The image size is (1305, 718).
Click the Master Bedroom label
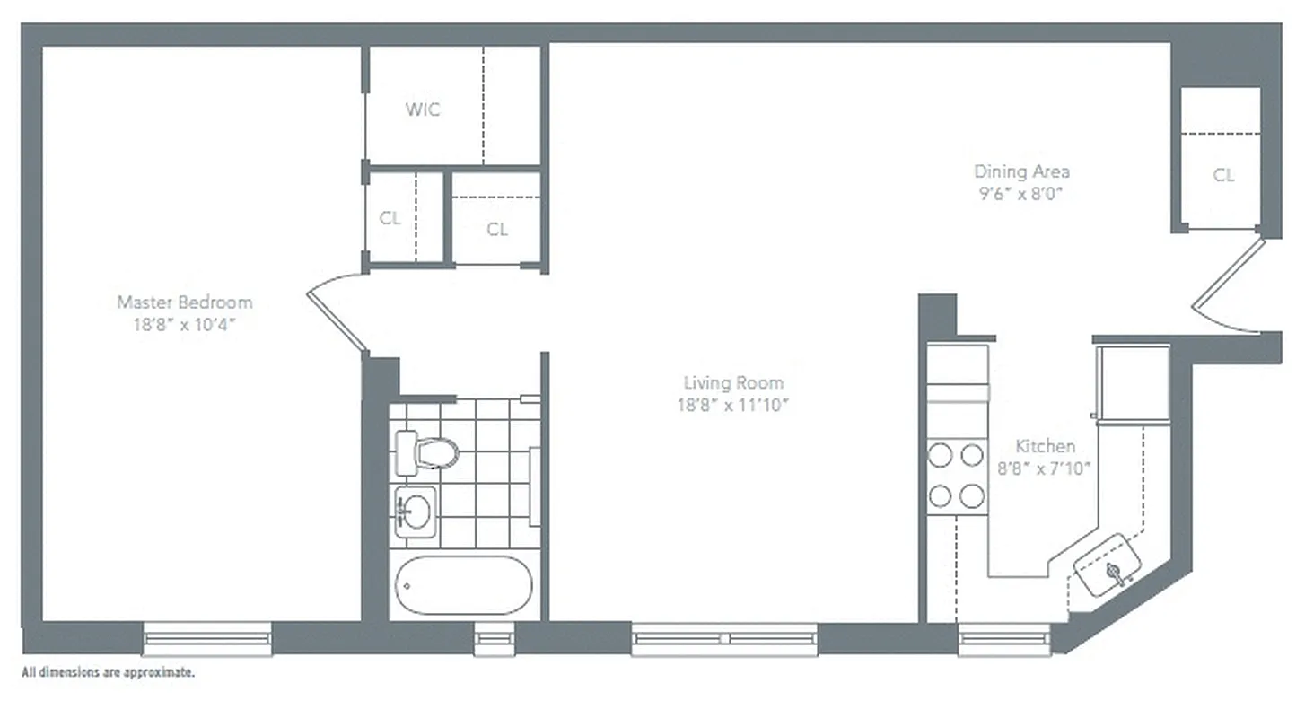click(185, 302)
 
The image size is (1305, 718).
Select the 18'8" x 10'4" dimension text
click(185, 324)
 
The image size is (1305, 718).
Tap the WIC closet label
click(423, 110)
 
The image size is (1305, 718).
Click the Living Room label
click(732, 383)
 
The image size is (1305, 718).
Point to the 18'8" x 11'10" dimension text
click(732, 405)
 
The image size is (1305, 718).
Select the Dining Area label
click(1021, 171)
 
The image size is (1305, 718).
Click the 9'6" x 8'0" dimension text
click(1021, 192)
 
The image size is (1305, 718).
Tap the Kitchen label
click(1045, 446)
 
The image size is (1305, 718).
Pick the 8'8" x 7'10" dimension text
click(1045, 467)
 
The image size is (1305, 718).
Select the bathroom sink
click(415, 512)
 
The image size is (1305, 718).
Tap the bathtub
click(464, 585)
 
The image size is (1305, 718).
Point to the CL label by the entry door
click(1223, 176)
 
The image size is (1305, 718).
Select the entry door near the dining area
click(1227, 285)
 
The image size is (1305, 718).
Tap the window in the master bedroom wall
click(207, 638)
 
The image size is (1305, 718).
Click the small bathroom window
click(495, 638)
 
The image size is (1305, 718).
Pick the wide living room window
click(724, 638)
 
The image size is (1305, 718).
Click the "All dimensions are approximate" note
click(108, 671)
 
